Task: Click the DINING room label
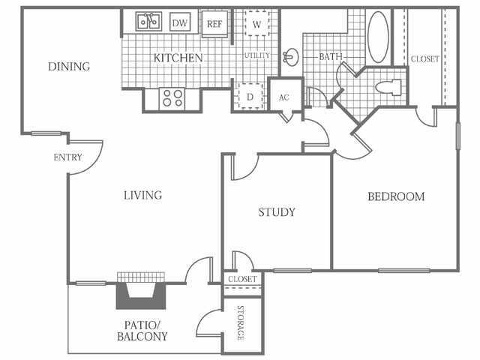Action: pyautogui.click(x=69, y=66)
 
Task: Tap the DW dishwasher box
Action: pyautogui.click(x=180, y=23)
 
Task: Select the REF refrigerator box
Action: pyautogui.click(x=214, y=24)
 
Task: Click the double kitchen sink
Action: pyautogui.click(x=148, y=22)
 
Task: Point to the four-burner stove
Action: pyautogui.click(x=172, y=97)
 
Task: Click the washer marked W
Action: pyautogui.click(x=256, y=24)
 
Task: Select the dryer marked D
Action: pyautogui.click(x=249, y=96)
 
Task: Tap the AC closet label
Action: pyautogui.click(x=283, y=97)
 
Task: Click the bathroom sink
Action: pyautogui.click(x=291, y=56)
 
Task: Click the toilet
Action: pyautogui.click(x=391, y=87)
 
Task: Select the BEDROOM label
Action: pyautogui.click(x=395, y=196)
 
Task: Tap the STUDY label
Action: pyautogui.click(x=276, y=212)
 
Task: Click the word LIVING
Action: pyautogui.click(x=142, y=196)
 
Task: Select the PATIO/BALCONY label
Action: pyautogui.click(x=142, y=331)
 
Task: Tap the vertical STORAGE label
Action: pyautogui.click(x=241, y=323)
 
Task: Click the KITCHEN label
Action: pyautogui.click(x=178, y=58)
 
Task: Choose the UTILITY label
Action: pyautogui.click(x=256, y=55)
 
